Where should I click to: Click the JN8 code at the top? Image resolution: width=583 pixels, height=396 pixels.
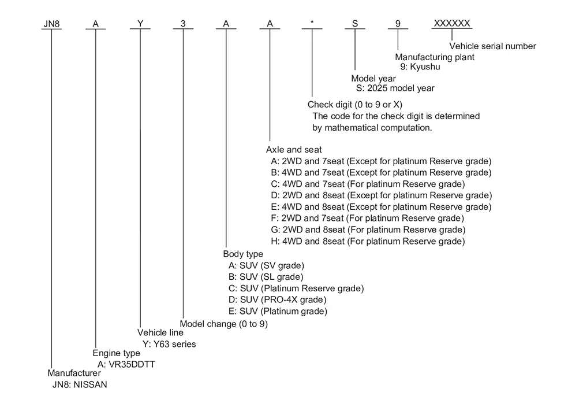click(51, 24)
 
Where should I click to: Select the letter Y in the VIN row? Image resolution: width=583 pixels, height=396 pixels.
click(140, 24)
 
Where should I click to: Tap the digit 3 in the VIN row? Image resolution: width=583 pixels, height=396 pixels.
click(183, 24)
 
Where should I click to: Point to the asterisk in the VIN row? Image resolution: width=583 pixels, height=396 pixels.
click(312, 22)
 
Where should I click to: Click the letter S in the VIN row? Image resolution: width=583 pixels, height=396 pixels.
click(355, 24)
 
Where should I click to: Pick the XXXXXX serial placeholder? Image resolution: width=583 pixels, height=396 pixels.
click(452, 24)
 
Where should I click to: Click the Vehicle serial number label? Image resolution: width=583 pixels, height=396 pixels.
click(492, 46)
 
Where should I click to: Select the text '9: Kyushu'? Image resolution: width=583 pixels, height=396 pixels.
click(420, 66)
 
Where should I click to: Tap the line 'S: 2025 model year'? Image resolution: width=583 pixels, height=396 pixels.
click(395, 88)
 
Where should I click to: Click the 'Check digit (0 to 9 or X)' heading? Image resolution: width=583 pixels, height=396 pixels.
click(355, 105)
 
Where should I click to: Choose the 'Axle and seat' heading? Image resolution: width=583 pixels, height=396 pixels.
click(294, 150)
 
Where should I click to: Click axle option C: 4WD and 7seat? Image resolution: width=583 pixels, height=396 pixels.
click(368, 184)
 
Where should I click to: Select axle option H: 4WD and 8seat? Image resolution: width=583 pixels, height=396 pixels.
click(368, 242)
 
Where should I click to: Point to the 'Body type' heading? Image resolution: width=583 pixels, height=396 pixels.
click(243, 254)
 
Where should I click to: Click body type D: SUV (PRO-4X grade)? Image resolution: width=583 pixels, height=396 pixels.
click(278, 300)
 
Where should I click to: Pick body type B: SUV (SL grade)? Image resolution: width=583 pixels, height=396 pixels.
click(266, 277)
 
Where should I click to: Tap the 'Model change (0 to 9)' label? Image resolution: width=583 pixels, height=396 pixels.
click(224, 324)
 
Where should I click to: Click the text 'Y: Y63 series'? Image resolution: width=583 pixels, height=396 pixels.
click(169, 344)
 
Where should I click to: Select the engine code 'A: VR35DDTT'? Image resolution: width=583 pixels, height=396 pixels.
click(126, 364)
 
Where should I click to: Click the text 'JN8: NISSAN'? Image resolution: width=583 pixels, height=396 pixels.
click(80, 385)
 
